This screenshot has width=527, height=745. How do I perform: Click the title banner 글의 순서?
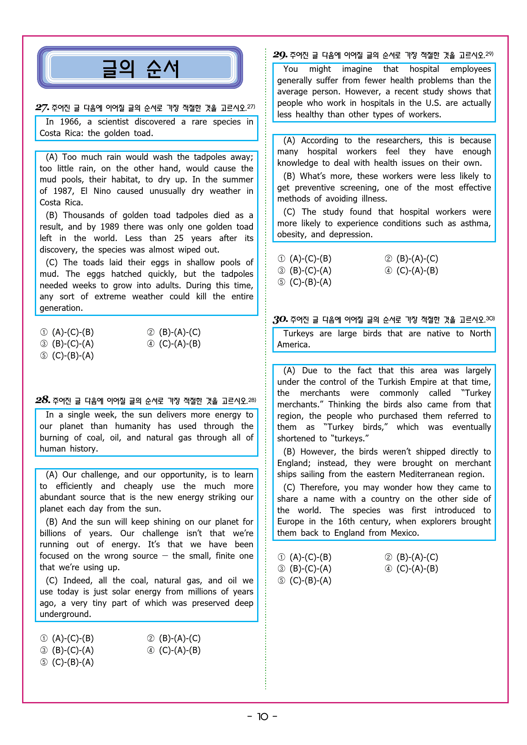coord(140,68)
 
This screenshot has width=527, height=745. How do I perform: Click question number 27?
coord(42,107)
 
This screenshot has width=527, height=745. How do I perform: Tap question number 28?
coord(42,400)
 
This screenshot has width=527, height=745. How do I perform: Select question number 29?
coord(280,54)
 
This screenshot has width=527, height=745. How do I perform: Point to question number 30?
coord(280,319)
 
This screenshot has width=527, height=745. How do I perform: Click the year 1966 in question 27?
coord(70,122)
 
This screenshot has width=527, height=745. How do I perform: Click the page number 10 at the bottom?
coord(263,717)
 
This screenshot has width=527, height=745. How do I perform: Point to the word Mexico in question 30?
coord(404,533)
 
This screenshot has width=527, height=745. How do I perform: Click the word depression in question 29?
coord(350,234)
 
